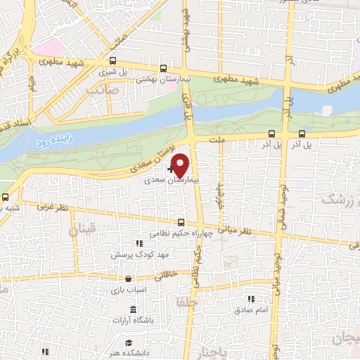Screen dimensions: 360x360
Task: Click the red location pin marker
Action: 181,164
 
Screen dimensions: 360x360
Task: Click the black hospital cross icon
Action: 172,169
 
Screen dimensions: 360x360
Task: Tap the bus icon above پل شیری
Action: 113,61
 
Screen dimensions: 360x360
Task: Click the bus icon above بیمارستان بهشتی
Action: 163,70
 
